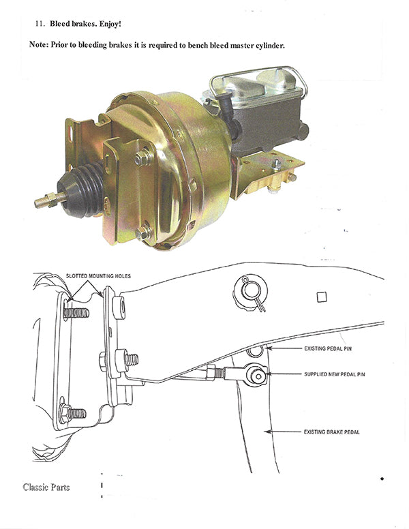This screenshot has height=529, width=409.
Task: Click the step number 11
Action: [39, 23]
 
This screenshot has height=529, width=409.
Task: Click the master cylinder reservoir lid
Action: [256, 85]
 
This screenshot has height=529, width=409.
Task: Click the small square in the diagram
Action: [321, 297]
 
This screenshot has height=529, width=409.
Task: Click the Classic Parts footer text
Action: [46, 487]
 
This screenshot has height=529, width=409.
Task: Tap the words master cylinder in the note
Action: [252, 45]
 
